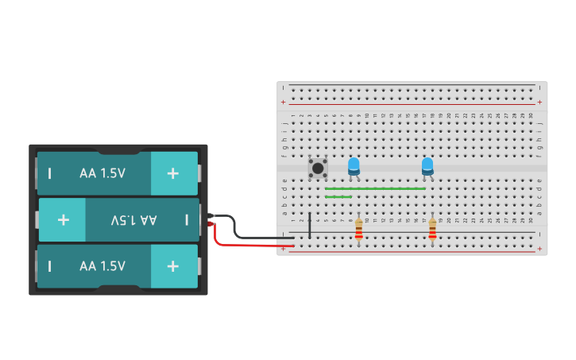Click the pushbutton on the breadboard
pos(318,168)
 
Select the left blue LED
pos(354,166)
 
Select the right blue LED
pos(427,166)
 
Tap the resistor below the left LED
pos(358,230)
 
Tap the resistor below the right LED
pos(432,230)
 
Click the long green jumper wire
pos(375,188)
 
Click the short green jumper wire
pos(338,196)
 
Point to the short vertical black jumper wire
pos(310,224)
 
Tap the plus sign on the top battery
pos(172,173)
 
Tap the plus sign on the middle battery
pos(63,219)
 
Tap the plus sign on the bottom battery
pos(172,266)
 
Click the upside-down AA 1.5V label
pos(134,219)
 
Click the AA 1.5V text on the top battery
pos(102,173)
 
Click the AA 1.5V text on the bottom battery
pos(102,266)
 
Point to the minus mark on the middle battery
pos(187,219)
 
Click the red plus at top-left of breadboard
pos(284,102)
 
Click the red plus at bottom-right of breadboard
pos(539,249)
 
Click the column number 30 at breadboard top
pos(531,116)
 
